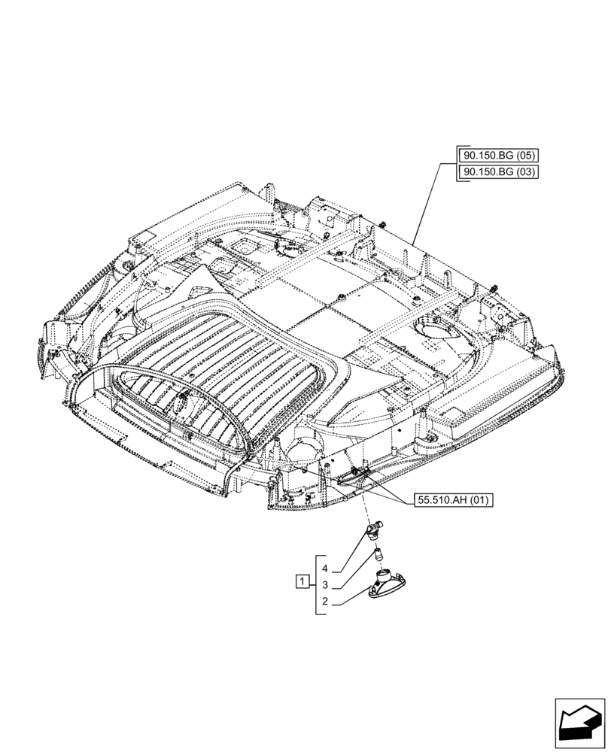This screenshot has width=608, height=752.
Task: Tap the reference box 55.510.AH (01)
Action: tap(451, 502)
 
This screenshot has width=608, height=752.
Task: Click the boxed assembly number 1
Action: tap(302, 581)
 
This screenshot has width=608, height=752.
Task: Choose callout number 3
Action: tap(325, 585)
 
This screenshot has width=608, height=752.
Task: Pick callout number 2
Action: tap(325, 602)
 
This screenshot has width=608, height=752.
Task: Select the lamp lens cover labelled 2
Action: tap(385, 585)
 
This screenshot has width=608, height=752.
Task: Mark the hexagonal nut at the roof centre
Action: tap(342, 299)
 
